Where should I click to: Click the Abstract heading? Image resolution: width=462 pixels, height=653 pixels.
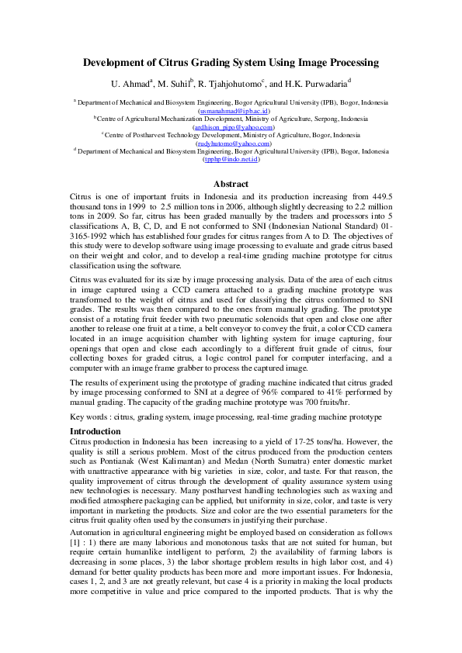(231, 184)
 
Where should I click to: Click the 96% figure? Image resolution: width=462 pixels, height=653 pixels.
(276, 393)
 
